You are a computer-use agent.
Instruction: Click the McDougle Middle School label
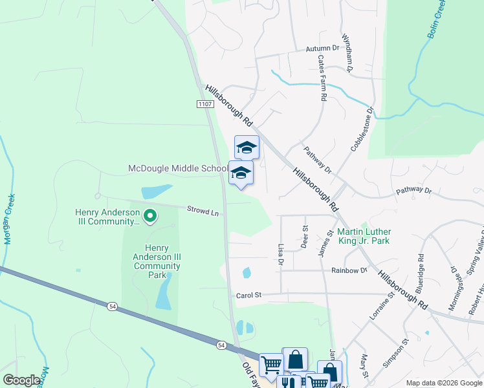point(178,169)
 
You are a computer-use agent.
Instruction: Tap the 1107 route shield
point(204,103)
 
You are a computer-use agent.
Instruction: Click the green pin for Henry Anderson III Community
point(150,215)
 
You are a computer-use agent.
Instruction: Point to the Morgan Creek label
point(10,219)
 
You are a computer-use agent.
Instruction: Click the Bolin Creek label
point(437,20)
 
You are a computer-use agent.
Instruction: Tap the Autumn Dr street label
point(322,48)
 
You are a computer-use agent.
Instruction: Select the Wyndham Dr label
point(347,52)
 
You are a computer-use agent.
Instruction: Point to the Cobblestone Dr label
point(362,129)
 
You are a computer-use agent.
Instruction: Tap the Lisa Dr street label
point(281,253)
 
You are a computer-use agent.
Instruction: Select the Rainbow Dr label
point(349,270)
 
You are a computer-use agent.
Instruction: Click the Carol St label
point(248,295)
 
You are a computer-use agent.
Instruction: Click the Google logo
point(21,380)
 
